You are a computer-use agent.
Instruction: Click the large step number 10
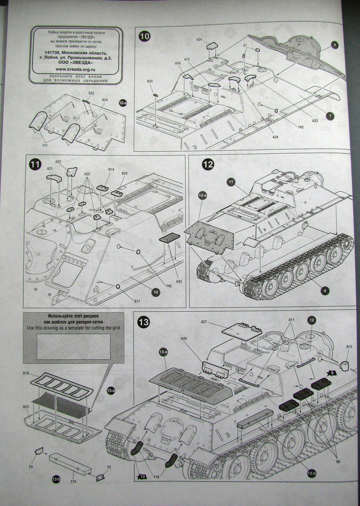[144, 37]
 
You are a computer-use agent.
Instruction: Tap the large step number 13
[143, 322]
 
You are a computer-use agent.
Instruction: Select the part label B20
[150, 81]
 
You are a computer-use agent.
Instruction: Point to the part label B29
[125, 174]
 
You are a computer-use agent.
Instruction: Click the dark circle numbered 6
[325, 291]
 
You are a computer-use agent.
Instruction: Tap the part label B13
[349, 347]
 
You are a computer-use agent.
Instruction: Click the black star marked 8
[332, 373]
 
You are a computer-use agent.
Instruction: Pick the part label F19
[73, 480]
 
